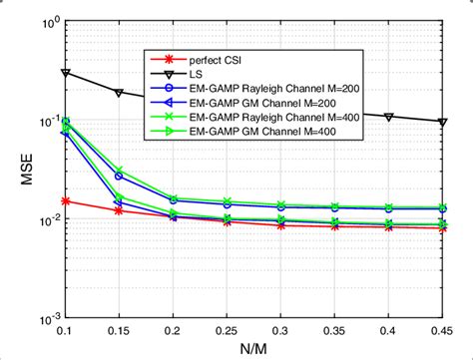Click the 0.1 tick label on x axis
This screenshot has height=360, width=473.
(x=66, y=330)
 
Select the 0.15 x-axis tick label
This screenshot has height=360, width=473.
(x=120, y=330)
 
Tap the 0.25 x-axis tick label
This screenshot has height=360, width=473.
(x=229, y=330)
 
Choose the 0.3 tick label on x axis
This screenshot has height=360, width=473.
(x=282, y=330)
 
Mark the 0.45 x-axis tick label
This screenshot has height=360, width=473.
(x=444, y=330)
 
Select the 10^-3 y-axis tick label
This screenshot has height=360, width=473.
(x=48, y=318)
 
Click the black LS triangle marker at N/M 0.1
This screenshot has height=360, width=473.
(x=66, y=73)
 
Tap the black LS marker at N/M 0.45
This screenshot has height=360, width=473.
(x=444, y=123)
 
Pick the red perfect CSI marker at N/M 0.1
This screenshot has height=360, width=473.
(x=66, y=200)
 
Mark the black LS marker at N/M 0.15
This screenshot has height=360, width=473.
(x=120, y=93)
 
